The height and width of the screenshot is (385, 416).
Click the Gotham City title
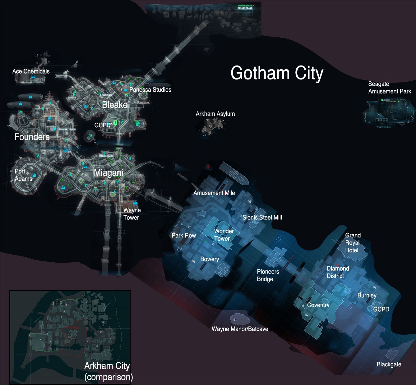pos(277,73)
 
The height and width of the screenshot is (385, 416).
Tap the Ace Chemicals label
pos(31,71)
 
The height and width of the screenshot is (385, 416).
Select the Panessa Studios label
pos(150,90)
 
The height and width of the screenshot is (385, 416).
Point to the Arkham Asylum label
pos(215,114)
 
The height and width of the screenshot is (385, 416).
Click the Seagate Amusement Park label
pos(389,88)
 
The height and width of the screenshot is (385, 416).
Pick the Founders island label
pos(32,137)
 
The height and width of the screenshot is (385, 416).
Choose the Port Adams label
pos(23,175)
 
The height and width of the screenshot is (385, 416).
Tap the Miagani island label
pos(109,173)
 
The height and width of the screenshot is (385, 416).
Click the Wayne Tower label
pos(132,214)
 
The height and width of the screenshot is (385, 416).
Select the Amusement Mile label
pos(214,193)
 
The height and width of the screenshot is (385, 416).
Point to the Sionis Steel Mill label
pos(262,218)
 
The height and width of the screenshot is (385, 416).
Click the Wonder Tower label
pos(224,235)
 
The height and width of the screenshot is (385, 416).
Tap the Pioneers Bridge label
pos(268,275)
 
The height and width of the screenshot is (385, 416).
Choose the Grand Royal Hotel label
pos(353,243)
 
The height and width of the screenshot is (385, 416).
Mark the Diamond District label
pos(337,272)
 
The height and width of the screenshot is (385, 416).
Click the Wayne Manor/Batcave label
pos(240,329)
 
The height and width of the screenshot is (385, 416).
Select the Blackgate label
pos(389,365)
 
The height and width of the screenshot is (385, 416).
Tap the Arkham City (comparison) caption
pos(108,371)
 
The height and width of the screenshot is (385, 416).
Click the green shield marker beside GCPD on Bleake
pos(115,123)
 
